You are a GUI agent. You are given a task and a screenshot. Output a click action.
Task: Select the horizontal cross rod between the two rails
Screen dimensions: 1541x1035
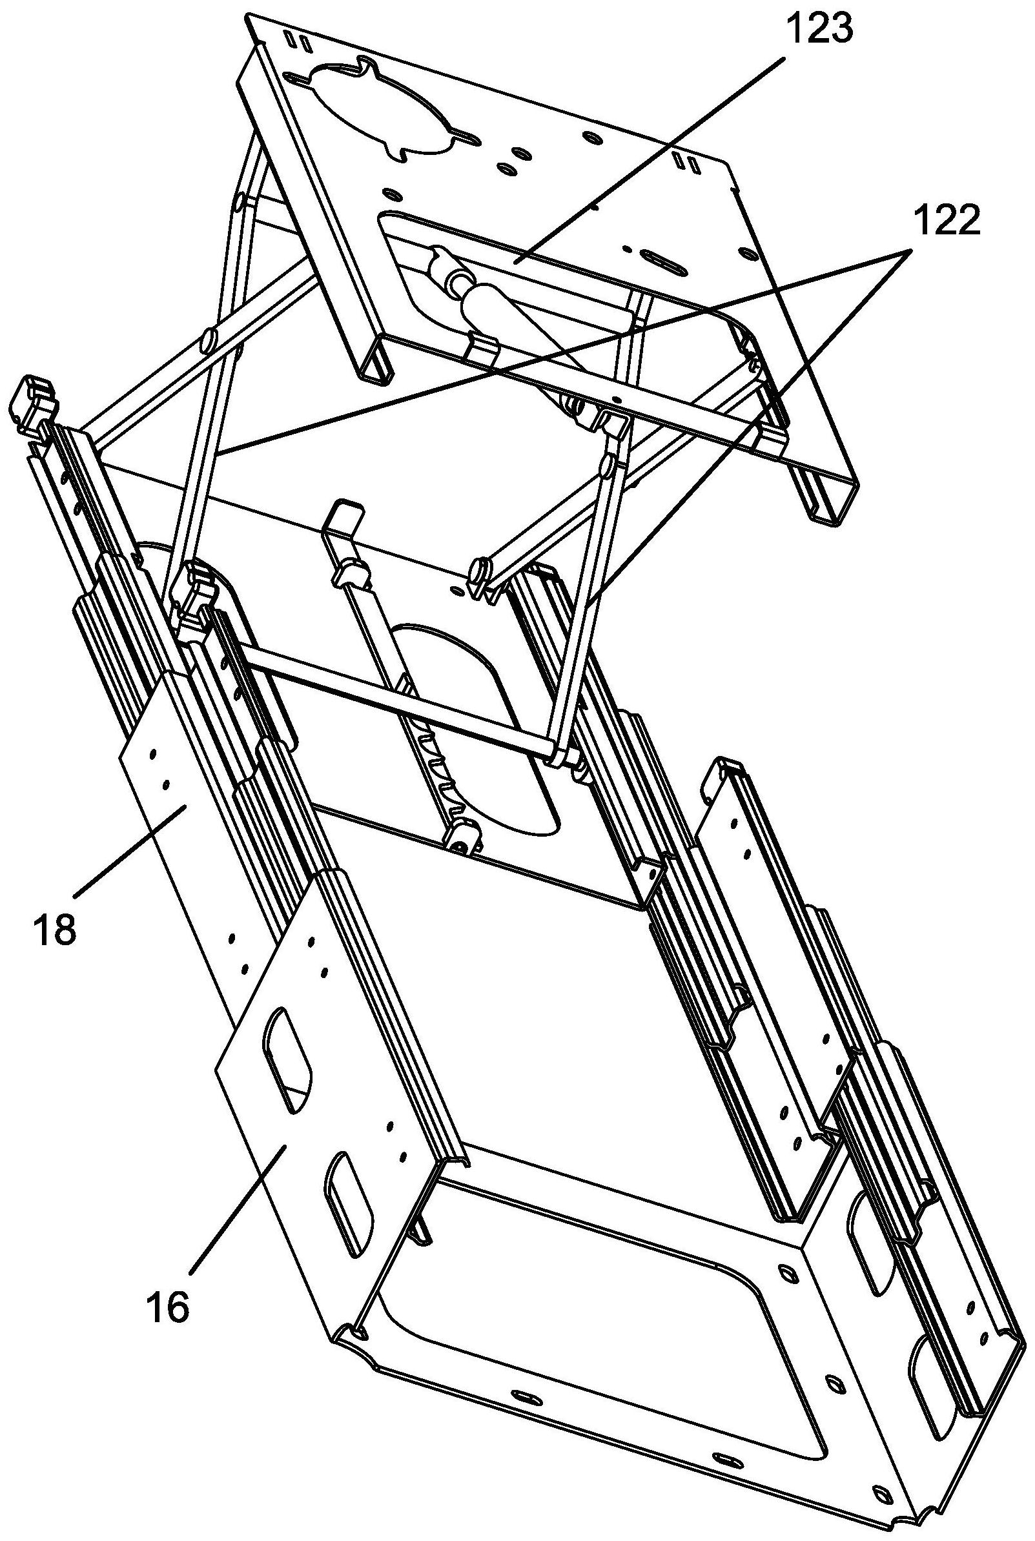point(396,701)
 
